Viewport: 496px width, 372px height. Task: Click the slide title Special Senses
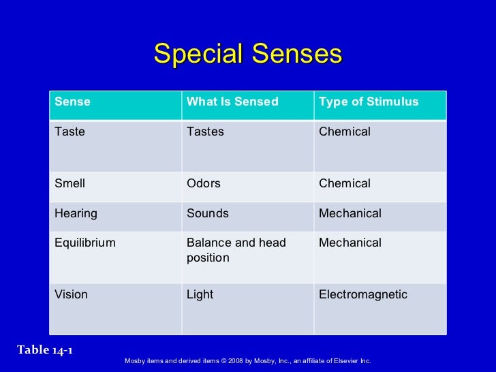tap(247, 54)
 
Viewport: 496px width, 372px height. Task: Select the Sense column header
tap(72, 102)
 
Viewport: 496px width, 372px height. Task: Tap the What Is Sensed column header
tap(232, 102)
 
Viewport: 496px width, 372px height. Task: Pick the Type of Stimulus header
tap(369, 102)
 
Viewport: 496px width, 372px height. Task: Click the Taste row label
tap(69, 132)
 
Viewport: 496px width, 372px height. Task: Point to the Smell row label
tap(69, 184)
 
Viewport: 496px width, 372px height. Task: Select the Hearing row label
tap(76, 214)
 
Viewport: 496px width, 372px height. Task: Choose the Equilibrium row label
tap(85, 243)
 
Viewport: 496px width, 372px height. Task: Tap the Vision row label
tap(71, 295)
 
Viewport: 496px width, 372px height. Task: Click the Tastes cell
tap(205, 132)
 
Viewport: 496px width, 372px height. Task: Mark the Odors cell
tap(204, 184)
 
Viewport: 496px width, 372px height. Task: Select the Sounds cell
tap(208, 214)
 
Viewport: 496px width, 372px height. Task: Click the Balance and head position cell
tap(236, 251)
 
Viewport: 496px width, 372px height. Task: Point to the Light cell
tap(200, 295)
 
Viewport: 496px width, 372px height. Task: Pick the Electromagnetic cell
tap(363, 295)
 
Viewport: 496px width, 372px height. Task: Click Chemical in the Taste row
tap(345, 132)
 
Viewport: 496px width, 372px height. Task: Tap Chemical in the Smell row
tap(345, 184)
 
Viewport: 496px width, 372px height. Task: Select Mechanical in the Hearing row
tap(350, 214)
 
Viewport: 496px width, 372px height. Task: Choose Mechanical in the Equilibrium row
tap(350, 243)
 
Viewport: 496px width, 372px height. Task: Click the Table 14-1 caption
tap(45, 350)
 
